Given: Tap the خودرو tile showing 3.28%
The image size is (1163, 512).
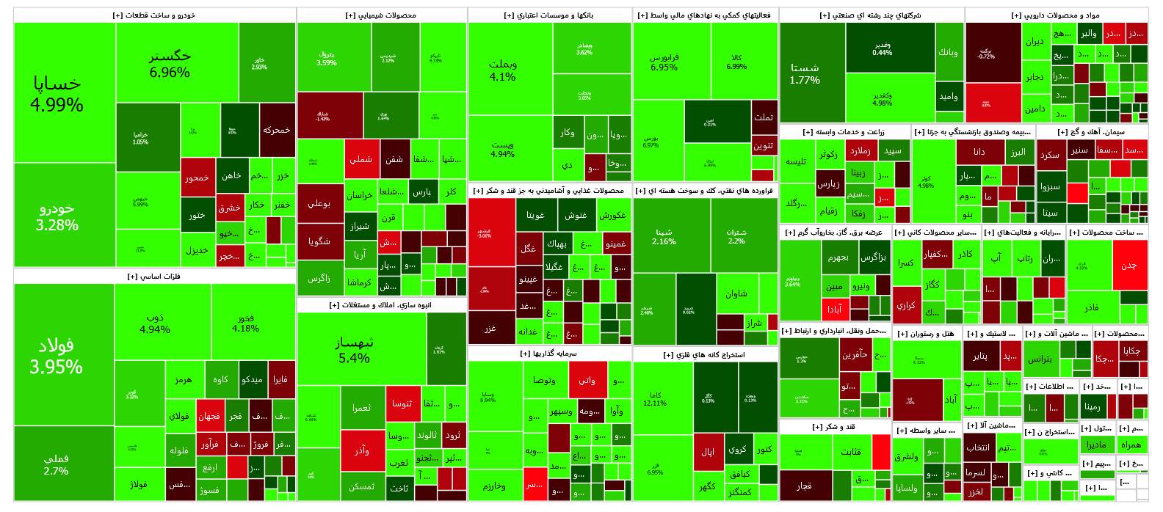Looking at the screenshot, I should (57, 216).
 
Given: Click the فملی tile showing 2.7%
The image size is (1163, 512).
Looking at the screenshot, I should (57, 464).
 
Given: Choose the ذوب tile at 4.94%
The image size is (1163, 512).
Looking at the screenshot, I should (155, 323).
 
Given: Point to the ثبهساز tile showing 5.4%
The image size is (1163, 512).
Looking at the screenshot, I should (355, 350).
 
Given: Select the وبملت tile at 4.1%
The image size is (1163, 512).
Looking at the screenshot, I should (503, 70).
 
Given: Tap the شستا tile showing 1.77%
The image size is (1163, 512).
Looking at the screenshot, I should (805, 73).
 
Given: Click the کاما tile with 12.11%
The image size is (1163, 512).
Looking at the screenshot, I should (655, 398).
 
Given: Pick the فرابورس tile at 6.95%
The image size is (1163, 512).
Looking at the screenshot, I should (664, 62).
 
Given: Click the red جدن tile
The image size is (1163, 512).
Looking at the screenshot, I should (1129, 265).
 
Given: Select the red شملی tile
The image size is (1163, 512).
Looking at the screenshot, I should (361, 159).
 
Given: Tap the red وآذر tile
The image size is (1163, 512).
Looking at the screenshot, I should (362, 450).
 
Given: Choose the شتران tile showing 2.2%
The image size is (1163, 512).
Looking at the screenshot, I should (736, 235).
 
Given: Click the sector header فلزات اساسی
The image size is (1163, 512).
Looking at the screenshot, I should (154, 277).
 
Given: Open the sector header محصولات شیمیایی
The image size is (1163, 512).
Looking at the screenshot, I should (381, 15).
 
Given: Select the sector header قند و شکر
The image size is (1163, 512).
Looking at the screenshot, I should (834, 426).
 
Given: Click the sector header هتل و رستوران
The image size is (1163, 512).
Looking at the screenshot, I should (926, 334).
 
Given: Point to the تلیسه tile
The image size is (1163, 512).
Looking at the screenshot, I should (797, 161).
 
